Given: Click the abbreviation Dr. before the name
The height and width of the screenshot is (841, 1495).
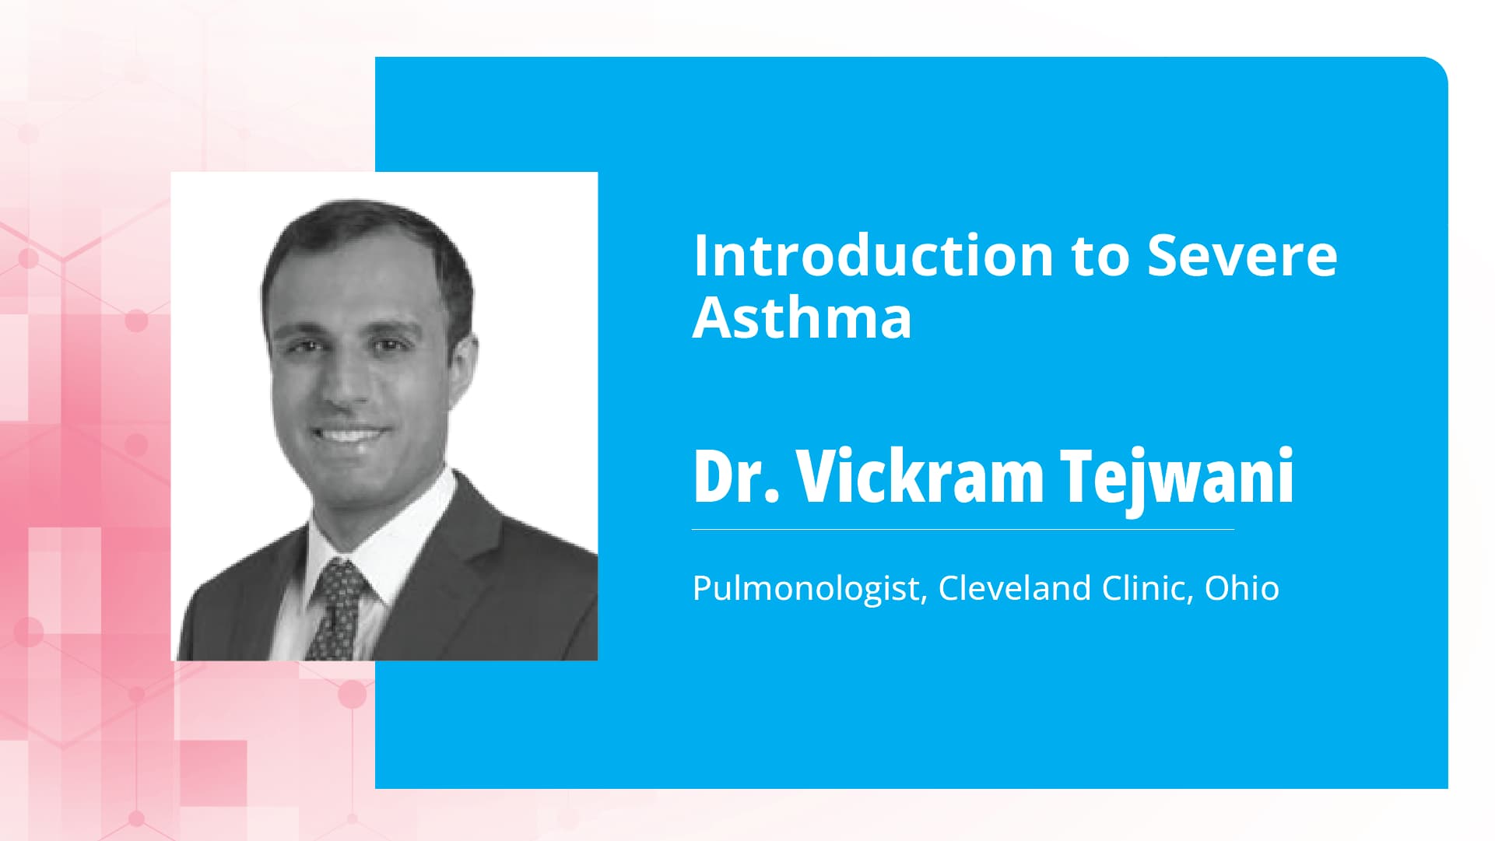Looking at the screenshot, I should pos(735,476).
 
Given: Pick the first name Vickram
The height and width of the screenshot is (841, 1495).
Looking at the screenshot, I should pos(920,476).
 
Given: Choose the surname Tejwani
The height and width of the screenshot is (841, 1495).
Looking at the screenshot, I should pos(1177,476).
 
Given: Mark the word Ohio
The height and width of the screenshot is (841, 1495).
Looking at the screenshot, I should pos(1242,588).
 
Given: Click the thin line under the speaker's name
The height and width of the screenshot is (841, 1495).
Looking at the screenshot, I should pos(963,530).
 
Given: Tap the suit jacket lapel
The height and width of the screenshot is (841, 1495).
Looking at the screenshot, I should pos(459,560).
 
